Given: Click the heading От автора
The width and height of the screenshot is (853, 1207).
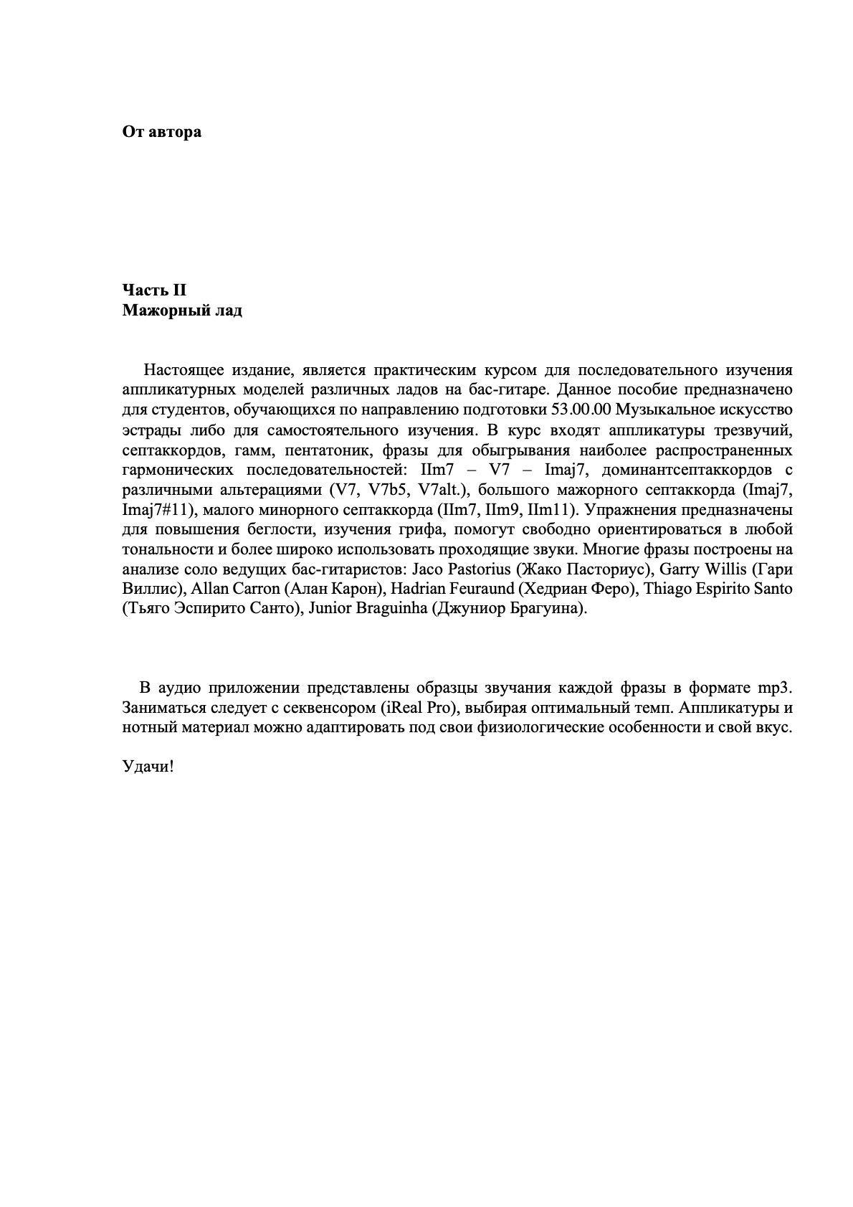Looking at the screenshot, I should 161,132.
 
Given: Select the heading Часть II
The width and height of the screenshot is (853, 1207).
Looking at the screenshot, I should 154,290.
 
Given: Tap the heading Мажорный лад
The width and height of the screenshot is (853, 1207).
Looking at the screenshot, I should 182,311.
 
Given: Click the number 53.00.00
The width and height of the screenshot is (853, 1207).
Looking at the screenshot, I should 580,410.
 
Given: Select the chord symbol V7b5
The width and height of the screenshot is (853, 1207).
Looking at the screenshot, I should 389,491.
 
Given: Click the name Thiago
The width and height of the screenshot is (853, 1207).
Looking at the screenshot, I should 667,590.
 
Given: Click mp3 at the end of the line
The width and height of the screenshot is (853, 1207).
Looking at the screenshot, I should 775,688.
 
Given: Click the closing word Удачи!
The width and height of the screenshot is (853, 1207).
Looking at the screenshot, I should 148,766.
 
